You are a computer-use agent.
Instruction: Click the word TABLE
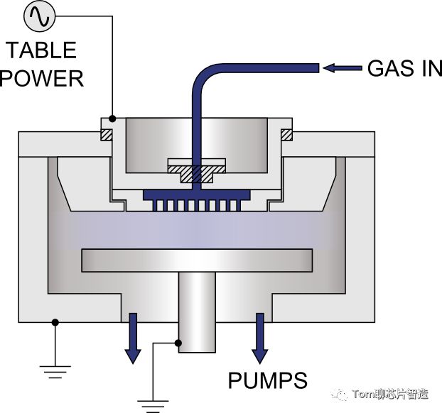pyautogui.click(x=41, y=51)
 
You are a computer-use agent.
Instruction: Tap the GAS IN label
pyautogui.click(x=404, y=68)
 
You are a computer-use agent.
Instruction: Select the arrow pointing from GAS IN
pyautogui.click(x=343, y=68)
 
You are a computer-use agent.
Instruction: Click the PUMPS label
pyautogui.click(x=268, y=380)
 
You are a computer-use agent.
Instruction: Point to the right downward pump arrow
pyautogui.click(x=259, y=336)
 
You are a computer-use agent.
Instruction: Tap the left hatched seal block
pyautogui.click(x=106, y=133)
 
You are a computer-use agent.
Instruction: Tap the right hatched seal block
pyautogui.click(x=287, y=133)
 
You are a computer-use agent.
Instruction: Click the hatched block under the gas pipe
pyautogui.click(x=196, y=172)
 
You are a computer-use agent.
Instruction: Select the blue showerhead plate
pyautogui.click(x=197, y=194)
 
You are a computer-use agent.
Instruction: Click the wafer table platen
pyautogui.click(x=198, y=260)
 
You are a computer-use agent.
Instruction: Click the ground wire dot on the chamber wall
pyautogui.click(x=55, y=323)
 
